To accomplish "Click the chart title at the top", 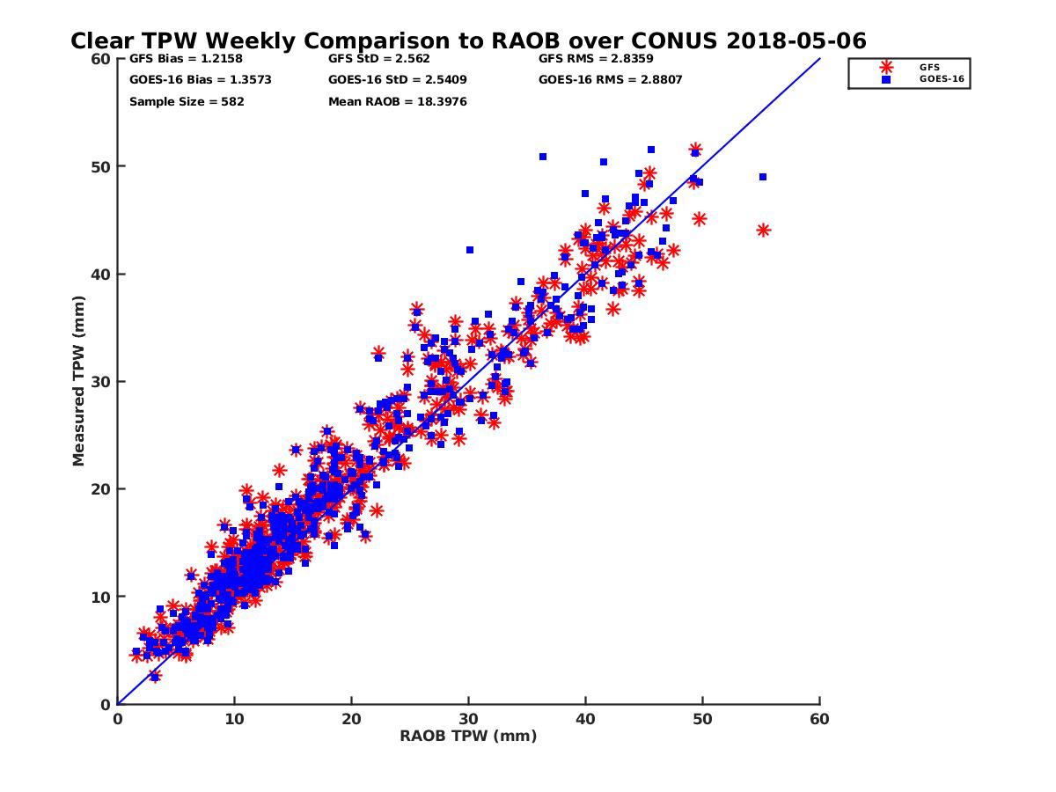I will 468,40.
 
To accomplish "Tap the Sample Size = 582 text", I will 187,101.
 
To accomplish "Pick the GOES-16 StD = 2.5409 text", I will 397,80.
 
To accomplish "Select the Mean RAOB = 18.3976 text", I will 397,101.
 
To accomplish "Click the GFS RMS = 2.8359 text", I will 596,59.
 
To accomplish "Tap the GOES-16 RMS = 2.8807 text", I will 611,80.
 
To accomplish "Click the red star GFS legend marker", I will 886,67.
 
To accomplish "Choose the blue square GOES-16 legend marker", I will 886,79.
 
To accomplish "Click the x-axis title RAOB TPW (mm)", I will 468,737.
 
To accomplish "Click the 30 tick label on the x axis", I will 468,719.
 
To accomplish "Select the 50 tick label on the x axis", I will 702,719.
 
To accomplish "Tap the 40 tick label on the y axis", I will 101,274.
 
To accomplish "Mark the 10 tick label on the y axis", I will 101,597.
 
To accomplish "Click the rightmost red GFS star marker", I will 763,231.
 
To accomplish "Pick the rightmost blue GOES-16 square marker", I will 763,177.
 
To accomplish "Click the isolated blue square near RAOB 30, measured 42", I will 470,250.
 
